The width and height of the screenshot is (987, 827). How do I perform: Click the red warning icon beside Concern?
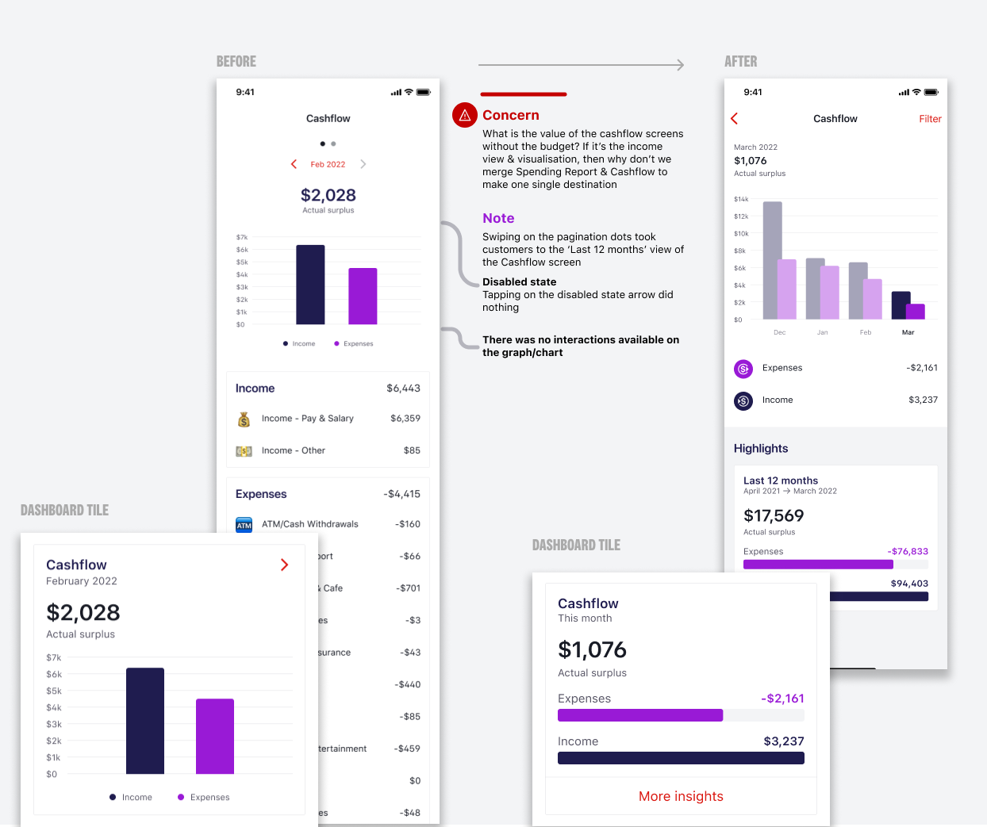click(x=465, y=115)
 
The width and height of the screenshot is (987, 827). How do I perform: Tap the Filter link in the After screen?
click(x=930, y=119)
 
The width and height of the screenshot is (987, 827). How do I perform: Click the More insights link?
click(x=681, y=796)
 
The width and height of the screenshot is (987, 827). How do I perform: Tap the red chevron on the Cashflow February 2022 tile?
click(x=284, y=565)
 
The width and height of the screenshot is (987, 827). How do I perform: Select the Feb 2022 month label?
click(x=328, y=164)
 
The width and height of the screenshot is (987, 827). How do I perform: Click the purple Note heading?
click(x=498, y=218)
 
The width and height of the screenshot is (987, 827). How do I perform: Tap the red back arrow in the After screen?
click(x=735, y=119)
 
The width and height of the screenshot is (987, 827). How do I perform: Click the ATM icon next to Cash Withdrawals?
click(x=244, y=525)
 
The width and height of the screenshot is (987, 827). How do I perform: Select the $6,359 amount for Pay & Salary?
click(x=405, y=419)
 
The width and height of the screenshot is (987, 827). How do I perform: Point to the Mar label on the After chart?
click(x=908, y=332)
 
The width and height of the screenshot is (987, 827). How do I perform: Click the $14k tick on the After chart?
click(x=740, y=199)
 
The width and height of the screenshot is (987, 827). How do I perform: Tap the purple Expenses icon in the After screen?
click(x=743, y=369)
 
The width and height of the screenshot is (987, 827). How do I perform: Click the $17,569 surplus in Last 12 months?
click(x=774, y=515)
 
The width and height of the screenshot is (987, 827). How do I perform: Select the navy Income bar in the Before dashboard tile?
click(x=145, y=721)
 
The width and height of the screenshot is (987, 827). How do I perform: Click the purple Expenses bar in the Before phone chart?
click(x=363, y=296)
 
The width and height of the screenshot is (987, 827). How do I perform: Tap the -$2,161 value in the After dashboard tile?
click(x=782, y=699)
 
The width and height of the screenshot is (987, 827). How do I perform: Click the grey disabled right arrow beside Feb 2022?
click(x=363, y=164)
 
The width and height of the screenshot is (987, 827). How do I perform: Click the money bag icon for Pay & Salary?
click(x=244, y=419)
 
